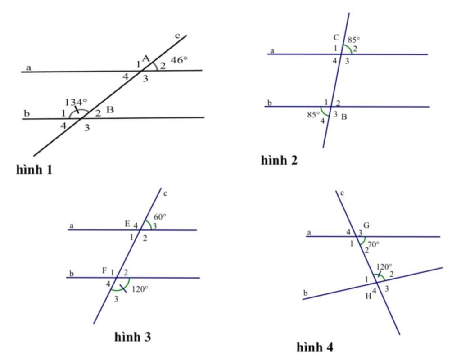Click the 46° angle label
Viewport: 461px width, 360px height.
(179, 60)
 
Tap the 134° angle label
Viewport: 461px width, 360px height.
(76, 102)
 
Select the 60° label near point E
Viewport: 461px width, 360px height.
(160, 217)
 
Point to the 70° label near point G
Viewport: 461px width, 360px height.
(373, 244)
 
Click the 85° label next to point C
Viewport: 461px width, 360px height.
(354, 40)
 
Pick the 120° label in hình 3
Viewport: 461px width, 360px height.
(140, 289)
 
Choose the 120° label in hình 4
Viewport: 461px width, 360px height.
(384, 267)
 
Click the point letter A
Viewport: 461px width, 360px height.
(146, 58)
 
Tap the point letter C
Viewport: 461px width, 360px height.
(336, 37)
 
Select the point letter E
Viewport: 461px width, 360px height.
(127, 224)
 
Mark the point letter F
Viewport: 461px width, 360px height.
(104, 270)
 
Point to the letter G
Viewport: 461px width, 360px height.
(366, 225)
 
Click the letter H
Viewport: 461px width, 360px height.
(368, 296)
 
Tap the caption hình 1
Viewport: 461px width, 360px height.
(34, 170)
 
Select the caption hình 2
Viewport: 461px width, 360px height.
(279, 160)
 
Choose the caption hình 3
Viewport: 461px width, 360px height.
(133, 337)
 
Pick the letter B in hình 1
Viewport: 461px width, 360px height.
(110, 110)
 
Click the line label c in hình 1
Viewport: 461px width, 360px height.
(177, 36)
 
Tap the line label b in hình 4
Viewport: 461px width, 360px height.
(306, 292)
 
